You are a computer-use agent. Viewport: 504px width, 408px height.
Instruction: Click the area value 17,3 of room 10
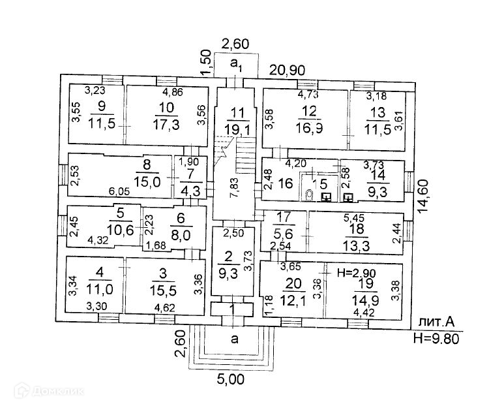click(167, 121)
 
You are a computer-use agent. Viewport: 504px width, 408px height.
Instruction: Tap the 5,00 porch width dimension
click(233, 378)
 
